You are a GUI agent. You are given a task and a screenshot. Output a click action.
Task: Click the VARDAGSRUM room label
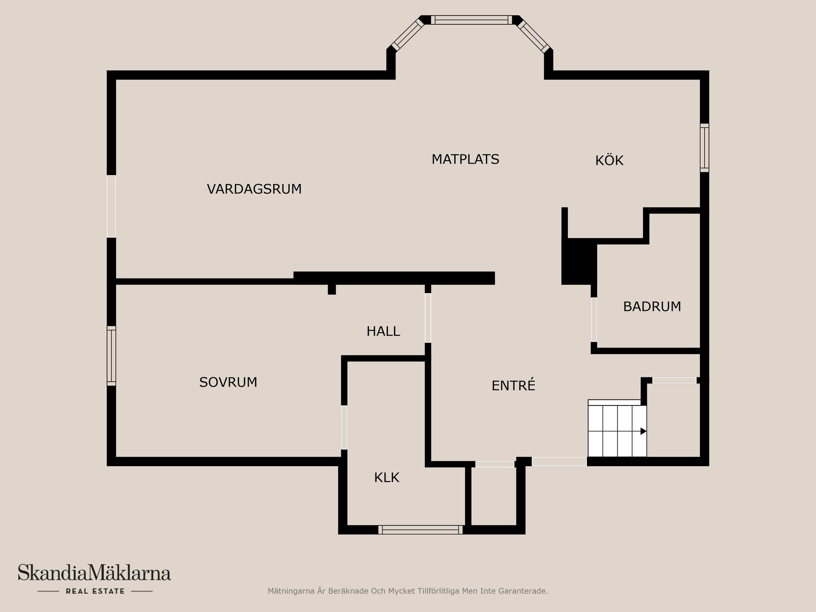pos(254,189)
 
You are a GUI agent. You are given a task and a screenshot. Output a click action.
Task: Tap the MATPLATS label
pos(465,159)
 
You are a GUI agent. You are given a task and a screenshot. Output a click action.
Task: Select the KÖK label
pos(609,160)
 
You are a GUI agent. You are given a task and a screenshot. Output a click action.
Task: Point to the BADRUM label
pos(652,306)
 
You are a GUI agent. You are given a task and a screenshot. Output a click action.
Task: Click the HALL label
pos(383,331)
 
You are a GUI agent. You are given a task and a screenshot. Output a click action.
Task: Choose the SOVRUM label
pos(228,382)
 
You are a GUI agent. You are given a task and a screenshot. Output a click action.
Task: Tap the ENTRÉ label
pos(513,385)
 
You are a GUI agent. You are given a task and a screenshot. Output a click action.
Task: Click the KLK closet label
pos(386,478)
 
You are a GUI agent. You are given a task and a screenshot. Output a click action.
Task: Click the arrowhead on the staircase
pos(643,431)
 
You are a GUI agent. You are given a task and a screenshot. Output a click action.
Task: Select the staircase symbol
pos(617,429)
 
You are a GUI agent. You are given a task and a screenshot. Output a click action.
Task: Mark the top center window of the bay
pos(471,20)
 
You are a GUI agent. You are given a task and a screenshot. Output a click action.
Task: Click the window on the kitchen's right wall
pos(704,148)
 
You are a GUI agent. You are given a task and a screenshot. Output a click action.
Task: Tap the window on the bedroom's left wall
pos(111,356)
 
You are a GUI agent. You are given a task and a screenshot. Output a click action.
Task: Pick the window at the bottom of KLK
pos(420,530)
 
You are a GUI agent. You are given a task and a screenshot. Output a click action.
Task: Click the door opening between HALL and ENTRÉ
pos(428,318)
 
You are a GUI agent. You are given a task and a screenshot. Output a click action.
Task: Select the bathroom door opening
pos(594,320)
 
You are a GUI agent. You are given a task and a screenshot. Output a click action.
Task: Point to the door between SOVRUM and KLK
pos(344,427)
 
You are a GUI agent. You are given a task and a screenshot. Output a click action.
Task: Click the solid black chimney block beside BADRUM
pos(578,261)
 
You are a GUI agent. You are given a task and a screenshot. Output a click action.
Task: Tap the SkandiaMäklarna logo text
pos(94,573)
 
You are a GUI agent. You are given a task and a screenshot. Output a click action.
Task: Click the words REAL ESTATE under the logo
pos(95,591)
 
